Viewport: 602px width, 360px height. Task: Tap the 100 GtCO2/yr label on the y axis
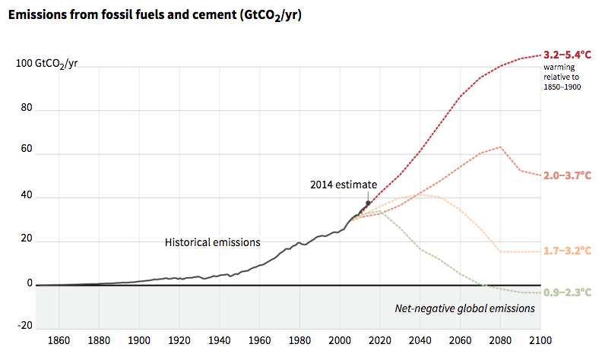coord(46,64)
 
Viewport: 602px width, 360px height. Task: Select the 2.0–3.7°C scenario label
coord(568,175)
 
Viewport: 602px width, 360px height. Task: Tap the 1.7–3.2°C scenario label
coord(568,251)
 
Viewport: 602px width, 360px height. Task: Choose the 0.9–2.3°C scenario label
coord(568,292)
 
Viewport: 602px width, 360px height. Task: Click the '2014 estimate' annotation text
coord(343,185)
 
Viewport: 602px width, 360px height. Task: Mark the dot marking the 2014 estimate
coord(369,203)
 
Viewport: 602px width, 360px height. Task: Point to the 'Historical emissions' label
coord(212,242)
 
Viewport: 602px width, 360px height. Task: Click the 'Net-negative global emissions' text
coord(465,308)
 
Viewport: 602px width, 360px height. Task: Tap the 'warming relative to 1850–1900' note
coord(561,77)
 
